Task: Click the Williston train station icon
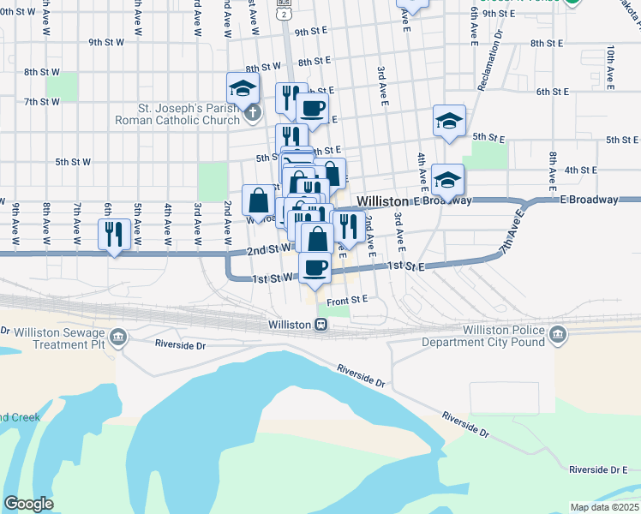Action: pyautogui.click(x=320, y=325)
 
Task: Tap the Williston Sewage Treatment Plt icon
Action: pyautogui.click(x=119, y=336)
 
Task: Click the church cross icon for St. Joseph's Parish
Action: pyautogui.click(x=252, y=112)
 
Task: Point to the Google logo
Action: pyautogui.click(x=28, y=504)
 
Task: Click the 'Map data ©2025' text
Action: pyautogui.click(x=604, y=507)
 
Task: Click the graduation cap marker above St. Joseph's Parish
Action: pyautogui.click(x=243, y=87)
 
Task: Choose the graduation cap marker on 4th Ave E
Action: pyautogui.click(x=446, y=180)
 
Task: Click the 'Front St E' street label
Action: pyautogui.click(x=346, y=299)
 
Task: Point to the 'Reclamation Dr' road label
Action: pyautogui.click(x=496, y=61)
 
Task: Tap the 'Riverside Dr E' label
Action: pyautogui.click(x=599, y=469)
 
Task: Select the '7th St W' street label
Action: pyautogui.click(x=42, y=101)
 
